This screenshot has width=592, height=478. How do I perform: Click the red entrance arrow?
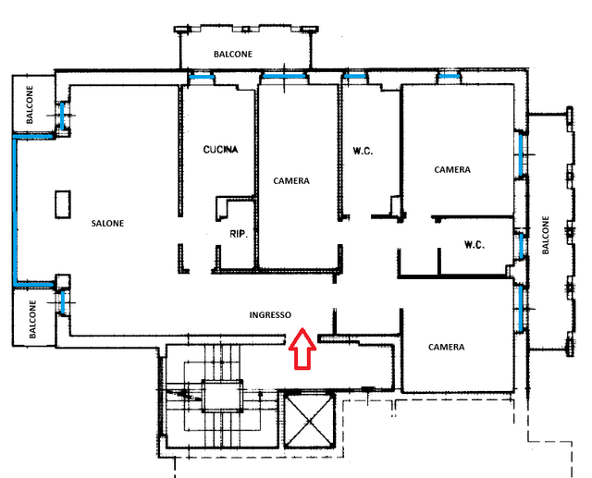click(302, 349)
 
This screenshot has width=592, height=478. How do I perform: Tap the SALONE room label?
click(107, 224)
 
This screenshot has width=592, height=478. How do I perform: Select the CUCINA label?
click(220, 150)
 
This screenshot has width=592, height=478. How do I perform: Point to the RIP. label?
click(239, 234)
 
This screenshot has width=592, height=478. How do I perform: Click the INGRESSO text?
click(270, 314)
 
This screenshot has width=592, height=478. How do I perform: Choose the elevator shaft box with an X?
click(310, 420)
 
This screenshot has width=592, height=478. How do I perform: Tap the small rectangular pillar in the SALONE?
click(63, 204)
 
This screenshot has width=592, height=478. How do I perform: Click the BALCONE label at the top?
click(233, 55)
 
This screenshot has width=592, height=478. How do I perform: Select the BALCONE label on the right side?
click(545, 235)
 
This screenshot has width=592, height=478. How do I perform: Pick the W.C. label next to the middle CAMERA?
click(363, 152)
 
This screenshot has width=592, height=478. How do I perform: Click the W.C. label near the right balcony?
click(475, 245)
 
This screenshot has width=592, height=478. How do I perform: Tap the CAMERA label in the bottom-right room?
click(446, 347)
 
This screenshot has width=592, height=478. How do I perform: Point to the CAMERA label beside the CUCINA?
click(291, 181)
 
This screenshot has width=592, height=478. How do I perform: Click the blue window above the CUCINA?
click(202, 77)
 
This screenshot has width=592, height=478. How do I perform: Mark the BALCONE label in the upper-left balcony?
click(30, 104)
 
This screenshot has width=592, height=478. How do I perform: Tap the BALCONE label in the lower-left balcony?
click(32, 319)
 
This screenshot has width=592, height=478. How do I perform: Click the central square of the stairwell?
click(222, 396)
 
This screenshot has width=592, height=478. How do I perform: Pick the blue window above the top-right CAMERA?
click(450, 77)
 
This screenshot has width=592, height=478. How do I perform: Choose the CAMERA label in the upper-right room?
click(452, 170)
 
